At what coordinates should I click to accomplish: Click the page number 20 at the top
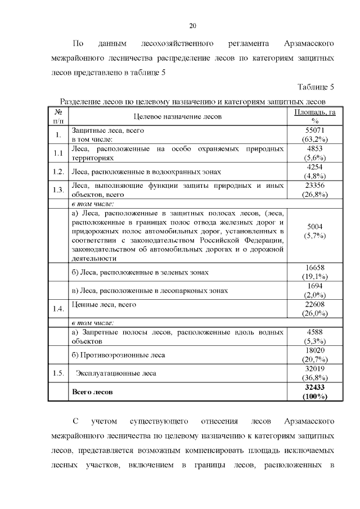(192, 26)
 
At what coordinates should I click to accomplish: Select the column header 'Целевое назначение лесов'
(178, 116)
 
